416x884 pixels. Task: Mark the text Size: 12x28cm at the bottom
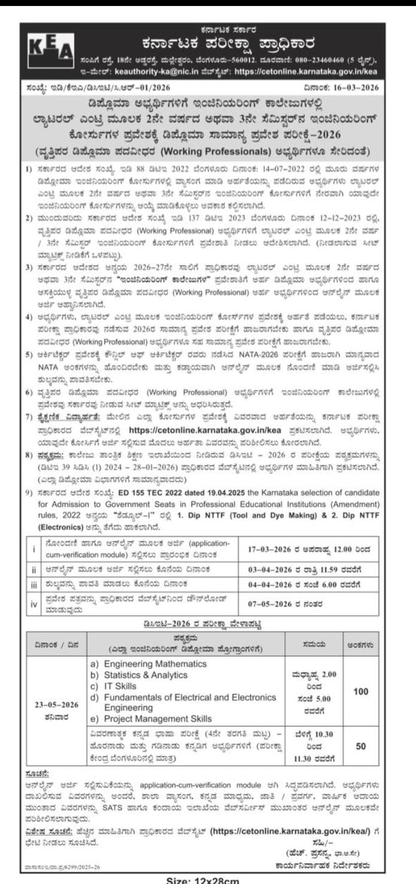pos(207,878)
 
